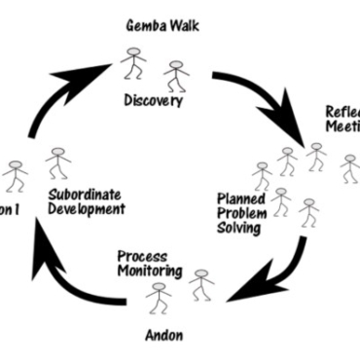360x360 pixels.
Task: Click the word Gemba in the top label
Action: coord(143,23)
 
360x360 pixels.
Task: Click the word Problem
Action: coord(239,212)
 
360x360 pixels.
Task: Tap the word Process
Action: coord(142,256)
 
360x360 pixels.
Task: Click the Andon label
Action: coord(162,336)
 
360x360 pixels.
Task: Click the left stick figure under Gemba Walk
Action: coord(133,66)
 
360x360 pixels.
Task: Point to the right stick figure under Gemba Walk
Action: coord(175,74)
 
